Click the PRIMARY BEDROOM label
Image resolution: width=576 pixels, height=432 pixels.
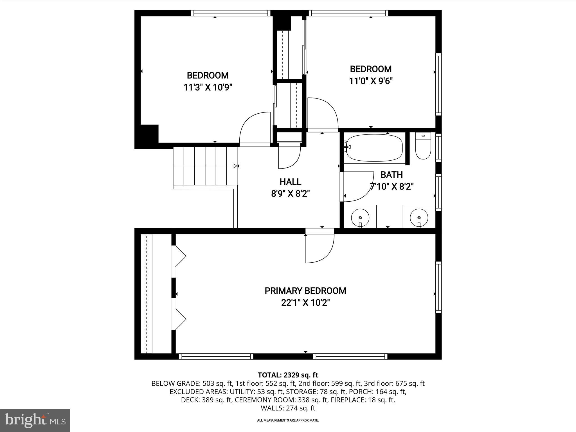click(305, 291)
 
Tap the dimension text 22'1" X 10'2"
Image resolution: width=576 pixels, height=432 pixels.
click(305, 303)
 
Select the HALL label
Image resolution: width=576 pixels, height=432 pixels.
click(290, 182)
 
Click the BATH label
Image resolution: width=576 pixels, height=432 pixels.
click(391, 175)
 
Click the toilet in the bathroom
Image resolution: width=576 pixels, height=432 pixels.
click(423, 146)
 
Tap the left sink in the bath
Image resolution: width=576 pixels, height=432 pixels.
click(360, 217)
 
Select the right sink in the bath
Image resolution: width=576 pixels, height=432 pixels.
click(419, 217)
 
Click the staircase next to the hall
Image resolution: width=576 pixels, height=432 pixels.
click(205, 166)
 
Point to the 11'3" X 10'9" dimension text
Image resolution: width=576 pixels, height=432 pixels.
click(208, 87)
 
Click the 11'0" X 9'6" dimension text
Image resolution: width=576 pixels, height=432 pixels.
click(371, 81)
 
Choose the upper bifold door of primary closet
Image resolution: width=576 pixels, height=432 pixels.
click(180, 256)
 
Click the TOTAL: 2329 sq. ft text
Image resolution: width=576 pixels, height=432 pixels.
click(288, 375)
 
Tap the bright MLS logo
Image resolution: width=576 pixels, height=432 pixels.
click(35, 420)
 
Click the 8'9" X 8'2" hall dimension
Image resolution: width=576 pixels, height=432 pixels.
click(290, 194)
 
